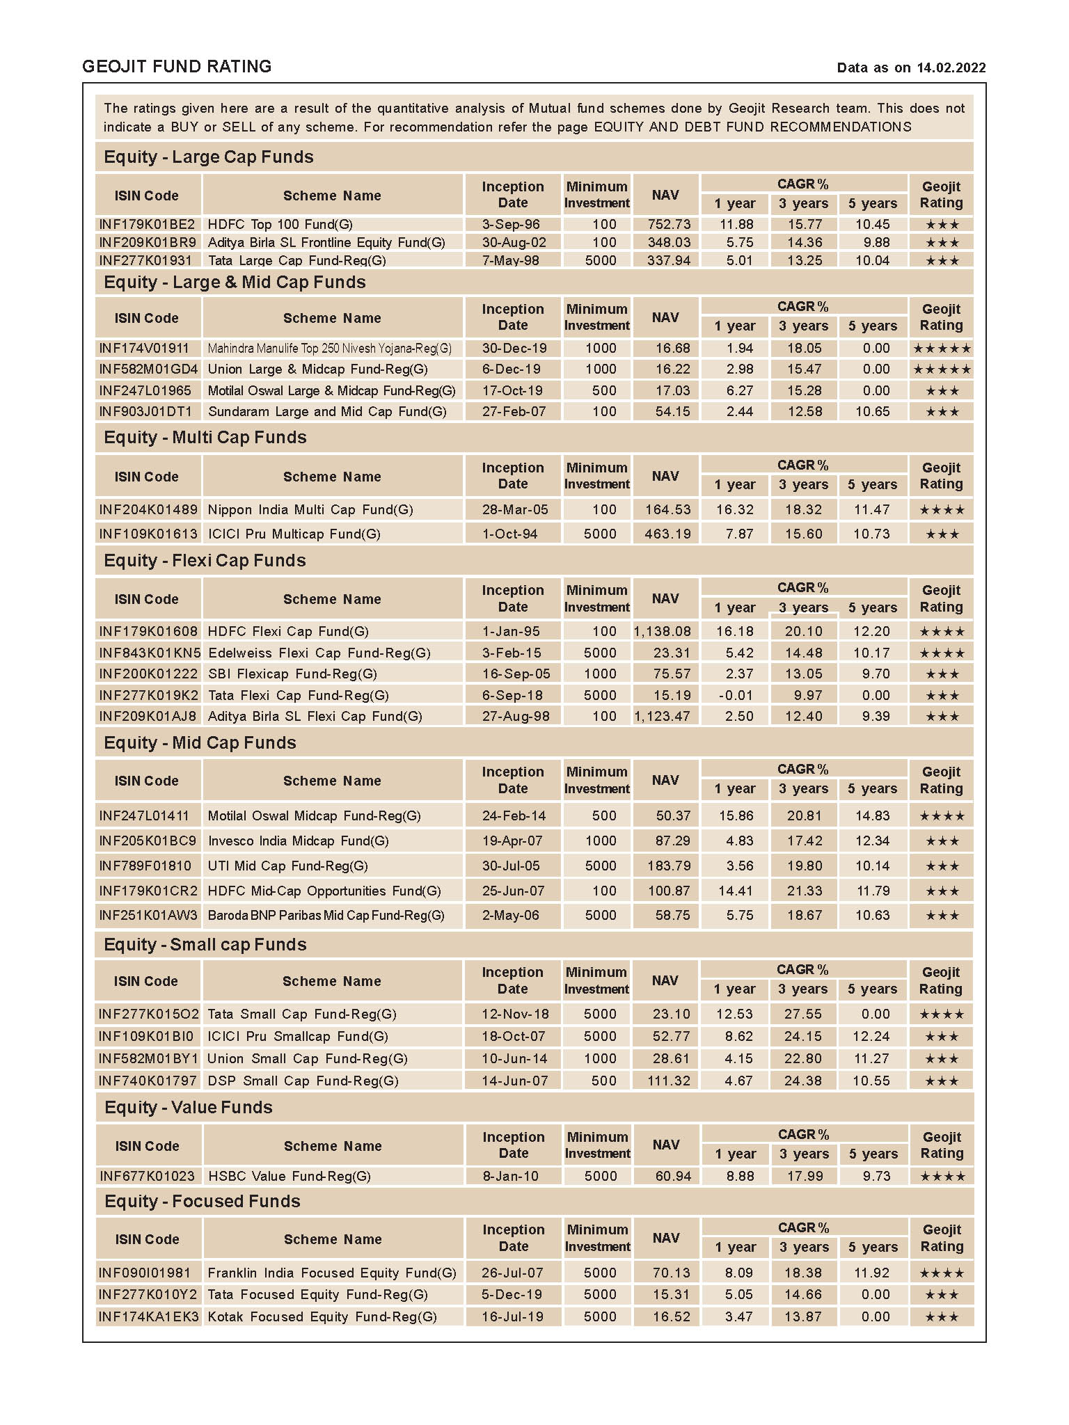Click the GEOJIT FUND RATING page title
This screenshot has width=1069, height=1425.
(177, 67)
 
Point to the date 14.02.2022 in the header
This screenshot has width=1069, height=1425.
(951, 67)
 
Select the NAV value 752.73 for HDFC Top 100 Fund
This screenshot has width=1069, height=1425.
(668, 224)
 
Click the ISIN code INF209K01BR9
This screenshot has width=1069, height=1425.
(148, 242)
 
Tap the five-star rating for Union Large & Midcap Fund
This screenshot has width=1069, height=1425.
(941, 369)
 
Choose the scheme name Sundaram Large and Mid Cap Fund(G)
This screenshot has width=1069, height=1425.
(327, 411)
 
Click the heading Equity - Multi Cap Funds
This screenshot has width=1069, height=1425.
(205, 437)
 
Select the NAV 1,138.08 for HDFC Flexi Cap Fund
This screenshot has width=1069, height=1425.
(662, 631)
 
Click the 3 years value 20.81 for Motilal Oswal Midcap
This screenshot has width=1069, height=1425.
(804, 815)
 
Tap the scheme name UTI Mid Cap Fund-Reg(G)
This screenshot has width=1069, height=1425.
(287, 866)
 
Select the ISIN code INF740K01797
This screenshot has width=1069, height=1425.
(148, 1081)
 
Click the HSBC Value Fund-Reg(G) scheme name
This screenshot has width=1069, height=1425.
(289, 1176)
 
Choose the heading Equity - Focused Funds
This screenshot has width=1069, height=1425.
(202, 1201)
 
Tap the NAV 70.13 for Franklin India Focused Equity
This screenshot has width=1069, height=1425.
(671, 1273)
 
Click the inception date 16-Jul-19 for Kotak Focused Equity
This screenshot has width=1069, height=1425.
(512, 1316)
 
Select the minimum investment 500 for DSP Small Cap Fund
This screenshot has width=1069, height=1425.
(603, 1081)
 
